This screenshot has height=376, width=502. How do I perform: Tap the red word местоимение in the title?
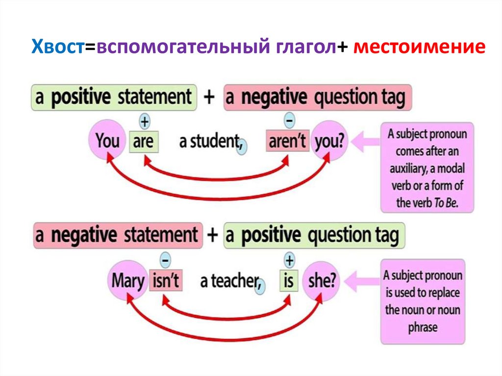[x=419, y=48]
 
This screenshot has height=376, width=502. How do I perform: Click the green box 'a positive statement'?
[x=114, y=97]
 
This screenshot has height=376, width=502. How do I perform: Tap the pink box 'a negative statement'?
[x=116, y=234]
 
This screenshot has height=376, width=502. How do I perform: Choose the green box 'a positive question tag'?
[x=314, y=235]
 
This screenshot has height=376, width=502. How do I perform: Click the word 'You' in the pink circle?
[x=107, y=142]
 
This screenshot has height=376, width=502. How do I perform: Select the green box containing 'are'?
[x=143, y=142]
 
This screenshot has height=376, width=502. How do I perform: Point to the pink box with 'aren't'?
[x=287, y=142]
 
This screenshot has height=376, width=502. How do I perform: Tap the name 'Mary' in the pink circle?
[x=128, y=281]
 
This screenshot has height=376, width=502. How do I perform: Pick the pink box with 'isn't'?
[x=165, y=281]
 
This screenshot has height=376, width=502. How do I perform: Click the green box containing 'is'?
[x=288, y=281]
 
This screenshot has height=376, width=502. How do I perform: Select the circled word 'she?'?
[x=322, y=281]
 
